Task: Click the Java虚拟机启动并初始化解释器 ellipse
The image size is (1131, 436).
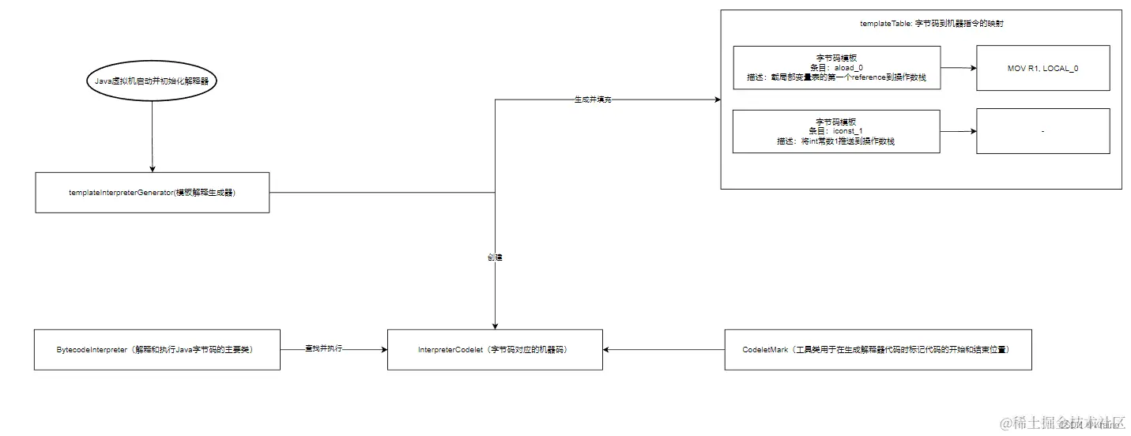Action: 150,81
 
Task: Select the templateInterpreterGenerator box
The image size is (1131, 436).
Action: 153,193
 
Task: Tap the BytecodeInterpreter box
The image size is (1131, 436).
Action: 157,349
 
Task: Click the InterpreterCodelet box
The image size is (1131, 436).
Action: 494,349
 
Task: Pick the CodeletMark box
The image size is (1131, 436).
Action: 877,349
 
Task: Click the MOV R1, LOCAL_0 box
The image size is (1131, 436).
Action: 1042,68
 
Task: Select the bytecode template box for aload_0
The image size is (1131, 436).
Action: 836,68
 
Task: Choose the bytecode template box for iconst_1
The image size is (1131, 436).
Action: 836,131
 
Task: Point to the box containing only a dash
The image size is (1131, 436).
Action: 1042,131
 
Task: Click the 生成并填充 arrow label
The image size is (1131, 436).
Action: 593,100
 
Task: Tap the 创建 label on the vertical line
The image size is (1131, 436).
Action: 495,257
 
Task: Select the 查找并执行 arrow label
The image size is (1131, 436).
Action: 323,349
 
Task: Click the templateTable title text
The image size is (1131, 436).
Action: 921,24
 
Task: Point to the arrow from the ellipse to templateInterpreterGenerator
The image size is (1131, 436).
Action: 151,138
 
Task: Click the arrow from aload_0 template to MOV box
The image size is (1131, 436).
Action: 958,68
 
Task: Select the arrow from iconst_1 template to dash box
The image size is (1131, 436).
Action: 958,131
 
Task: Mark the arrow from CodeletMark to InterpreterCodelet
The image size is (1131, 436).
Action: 664,349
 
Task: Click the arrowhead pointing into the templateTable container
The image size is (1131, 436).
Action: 716,100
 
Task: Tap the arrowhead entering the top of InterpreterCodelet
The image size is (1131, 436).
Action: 495,325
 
